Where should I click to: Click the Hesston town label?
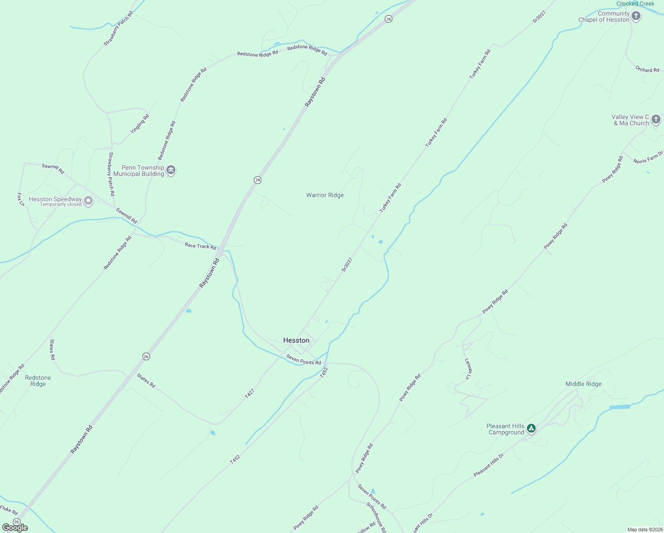[x=296, y=340]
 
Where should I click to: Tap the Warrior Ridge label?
[x=325, y=195]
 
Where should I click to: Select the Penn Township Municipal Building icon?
[x=171, y=170]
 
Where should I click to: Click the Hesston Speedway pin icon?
[x=89, y=201]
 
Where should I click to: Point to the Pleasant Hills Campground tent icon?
[x=531, y=429]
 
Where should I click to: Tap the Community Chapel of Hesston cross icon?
[x=636, y=16]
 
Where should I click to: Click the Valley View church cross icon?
[x=656, y=119]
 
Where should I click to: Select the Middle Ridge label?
[x=583, y=384]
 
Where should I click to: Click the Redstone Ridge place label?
[x=38, y=381]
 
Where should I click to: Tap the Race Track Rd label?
[x=200, y=246]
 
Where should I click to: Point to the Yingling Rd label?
[x=140, y=124]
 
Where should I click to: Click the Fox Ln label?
[x=20, y=199]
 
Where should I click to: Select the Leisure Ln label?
[x=467, y=369]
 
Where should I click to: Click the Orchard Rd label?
[x=647, y=69]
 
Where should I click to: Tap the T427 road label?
[x=249, y=393]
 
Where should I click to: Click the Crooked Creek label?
[x=635, y=4]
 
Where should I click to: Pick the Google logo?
[x=15, y=528]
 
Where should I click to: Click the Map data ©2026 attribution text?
[x=644, y=529]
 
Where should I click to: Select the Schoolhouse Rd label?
[x=376, y=517]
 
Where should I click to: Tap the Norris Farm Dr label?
[x=648, y=158]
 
